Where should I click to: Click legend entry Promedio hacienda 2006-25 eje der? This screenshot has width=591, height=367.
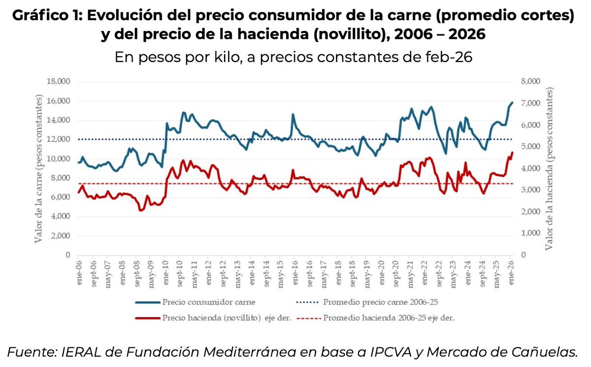click(389, 318)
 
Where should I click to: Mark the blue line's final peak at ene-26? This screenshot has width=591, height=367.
click(512, 102)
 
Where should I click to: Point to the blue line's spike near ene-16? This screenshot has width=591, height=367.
click(293, 114)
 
